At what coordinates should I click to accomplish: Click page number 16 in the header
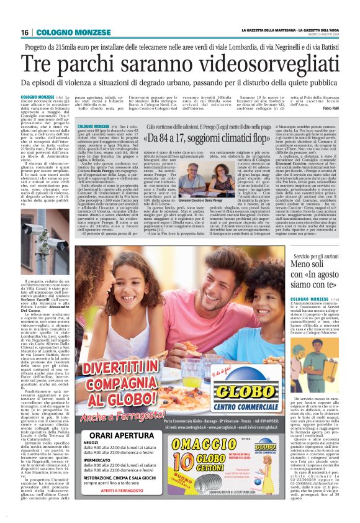click(x=25, y=32)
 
